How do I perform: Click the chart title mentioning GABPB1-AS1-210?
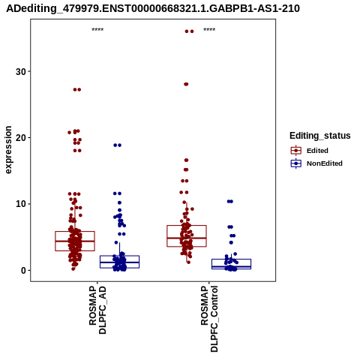[153, 8]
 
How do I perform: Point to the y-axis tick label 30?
[21, 72]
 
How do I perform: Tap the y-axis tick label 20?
[21, 138]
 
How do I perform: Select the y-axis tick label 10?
[21, 204]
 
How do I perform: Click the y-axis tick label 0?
[23, 270]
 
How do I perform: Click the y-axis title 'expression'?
[8, 150]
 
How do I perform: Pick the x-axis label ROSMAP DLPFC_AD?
[97, 310]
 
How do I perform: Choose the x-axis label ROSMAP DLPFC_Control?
[209, 319]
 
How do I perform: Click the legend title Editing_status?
[320, 136]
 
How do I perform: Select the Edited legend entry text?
[317, 151]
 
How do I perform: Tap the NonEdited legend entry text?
[325, 163]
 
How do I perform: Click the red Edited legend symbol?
[296, 151]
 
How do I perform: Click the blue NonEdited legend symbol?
[296, 163]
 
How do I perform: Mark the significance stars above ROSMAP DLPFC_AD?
[97, 30]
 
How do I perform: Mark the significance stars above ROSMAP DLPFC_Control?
[209, 30]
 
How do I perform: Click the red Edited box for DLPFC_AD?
[55, 241]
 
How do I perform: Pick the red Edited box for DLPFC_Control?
[167, 236]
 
